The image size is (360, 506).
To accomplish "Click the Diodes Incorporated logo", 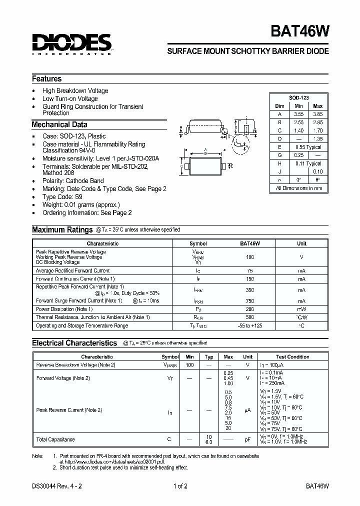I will coord(71,44).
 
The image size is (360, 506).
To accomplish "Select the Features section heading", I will coord(47,79).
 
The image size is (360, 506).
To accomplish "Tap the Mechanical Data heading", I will coord(59,125).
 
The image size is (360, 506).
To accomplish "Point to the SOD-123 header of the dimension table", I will coord(299,98).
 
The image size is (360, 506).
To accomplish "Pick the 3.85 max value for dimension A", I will coord(317,114).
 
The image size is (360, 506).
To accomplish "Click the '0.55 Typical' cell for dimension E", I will coord(308,147).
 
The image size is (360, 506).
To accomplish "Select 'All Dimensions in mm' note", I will coord(299,188).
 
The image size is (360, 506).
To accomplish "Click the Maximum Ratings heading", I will coord(62,230).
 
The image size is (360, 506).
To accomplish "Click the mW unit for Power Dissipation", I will coord(302,309).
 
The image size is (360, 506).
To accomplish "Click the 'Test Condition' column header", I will coord(292,357).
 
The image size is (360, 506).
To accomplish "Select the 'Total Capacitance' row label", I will coord(55,439).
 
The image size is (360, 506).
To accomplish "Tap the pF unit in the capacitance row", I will coord(247,439).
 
